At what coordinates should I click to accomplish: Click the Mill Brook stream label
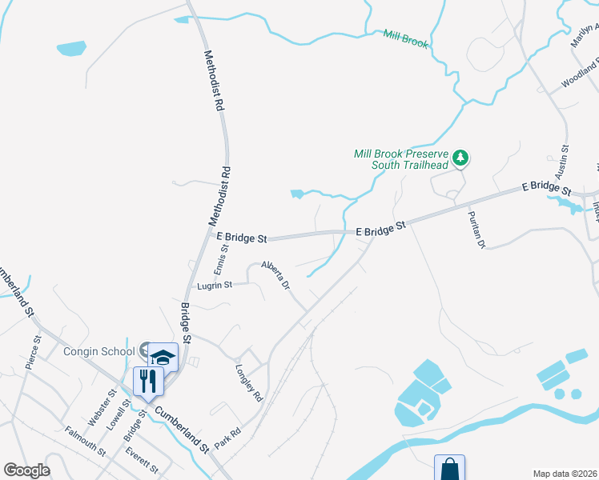point(405,38)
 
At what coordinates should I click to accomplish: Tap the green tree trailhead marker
point(460,158)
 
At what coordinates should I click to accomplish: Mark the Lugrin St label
point(215,285)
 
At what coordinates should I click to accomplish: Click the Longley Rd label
point(249,382)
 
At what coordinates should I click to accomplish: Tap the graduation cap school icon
point(163,357)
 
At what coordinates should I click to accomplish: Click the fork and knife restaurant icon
point(147,380)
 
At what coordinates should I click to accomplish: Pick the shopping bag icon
point(450,469)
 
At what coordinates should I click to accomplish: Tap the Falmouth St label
point(86,441)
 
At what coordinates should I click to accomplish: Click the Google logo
point(26,470)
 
